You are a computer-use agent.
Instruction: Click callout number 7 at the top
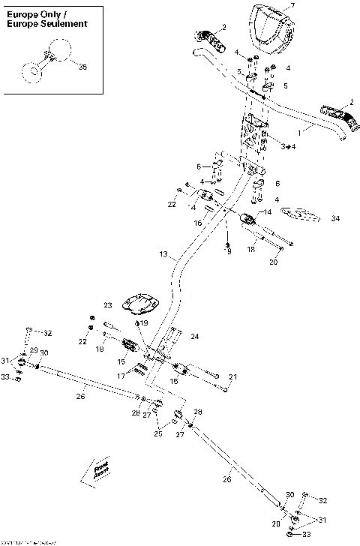point(292,6)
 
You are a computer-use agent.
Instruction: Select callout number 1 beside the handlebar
point(300,131)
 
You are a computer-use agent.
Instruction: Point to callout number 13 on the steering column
point(163,255)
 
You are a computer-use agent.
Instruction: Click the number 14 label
point(268,212)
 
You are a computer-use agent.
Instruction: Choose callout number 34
point(335,218)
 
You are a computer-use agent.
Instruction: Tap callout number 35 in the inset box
point(82,67)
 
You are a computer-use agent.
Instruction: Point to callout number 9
point(229,251)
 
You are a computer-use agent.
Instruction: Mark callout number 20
point(273,262)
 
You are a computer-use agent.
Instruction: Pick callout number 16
point(198,223)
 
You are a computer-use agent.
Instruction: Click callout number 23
point(107,305)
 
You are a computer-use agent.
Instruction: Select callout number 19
point(144,322)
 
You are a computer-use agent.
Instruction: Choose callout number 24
point(193,337)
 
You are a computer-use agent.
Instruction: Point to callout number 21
point(232,376)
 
